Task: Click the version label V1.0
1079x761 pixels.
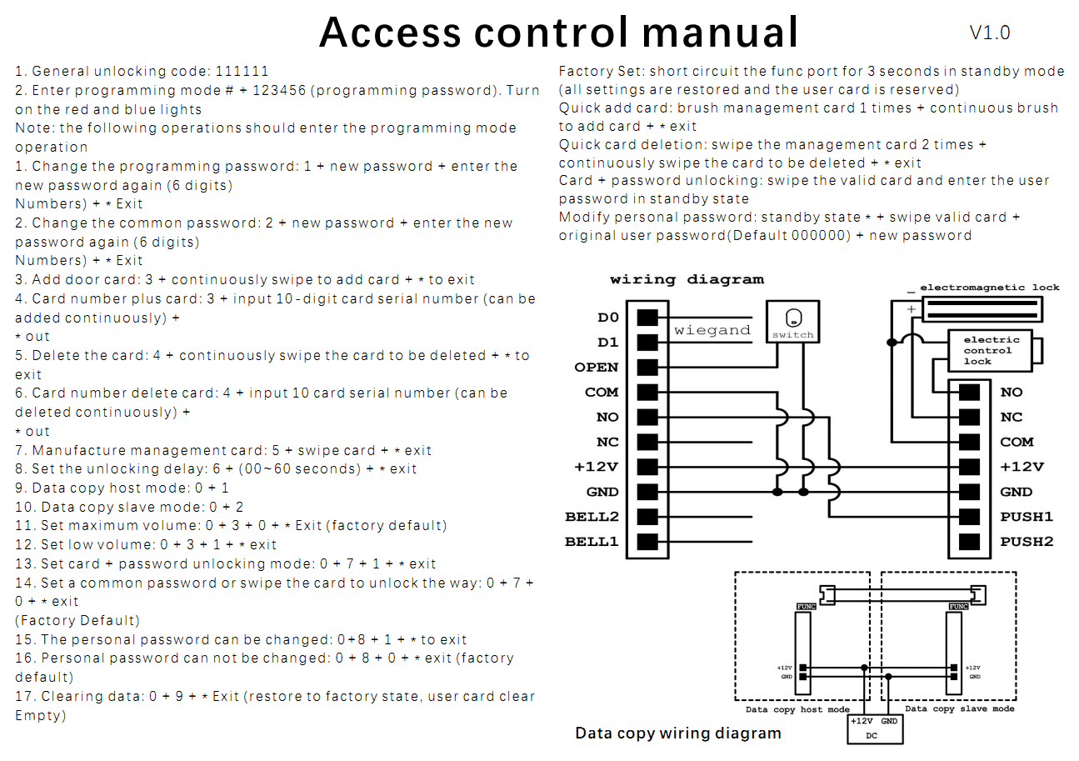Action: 990,33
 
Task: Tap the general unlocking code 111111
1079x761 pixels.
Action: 242,72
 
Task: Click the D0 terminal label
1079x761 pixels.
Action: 607,318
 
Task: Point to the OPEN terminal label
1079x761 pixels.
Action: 597,368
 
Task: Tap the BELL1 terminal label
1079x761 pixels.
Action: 592,542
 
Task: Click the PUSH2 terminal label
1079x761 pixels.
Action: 1027,542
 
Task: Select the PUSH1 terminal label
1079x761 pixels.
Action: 1027,517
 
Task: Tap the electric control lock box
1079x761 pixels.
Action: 992,351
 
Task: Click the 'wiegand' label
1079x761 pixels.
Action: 712,330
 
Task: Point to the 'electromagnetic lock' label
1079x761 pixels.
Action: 990,288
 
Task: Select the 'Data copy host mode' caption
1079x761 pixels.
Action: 797,709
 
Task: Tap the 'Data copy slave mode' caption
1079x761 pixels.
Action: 960,709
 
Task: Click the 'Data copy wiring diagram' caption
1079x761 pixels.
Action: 678,733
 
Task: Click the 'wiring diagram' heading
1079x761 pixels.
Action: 687,280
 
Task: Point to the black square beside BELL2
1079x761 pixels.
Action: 647,517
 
